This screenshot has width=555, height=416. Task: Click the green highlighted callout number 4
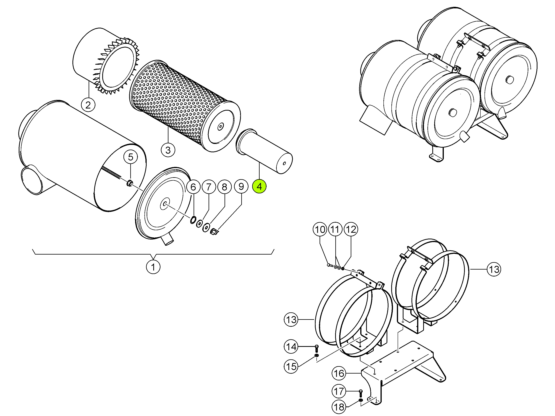pyautogui.click(x=259, y=186)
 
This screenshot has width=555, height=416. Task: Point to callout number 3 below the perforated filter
pyautogui.click(x=168, y=150)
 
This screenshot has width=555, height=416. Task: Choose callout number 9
pyautogui.click(x=241, y=186)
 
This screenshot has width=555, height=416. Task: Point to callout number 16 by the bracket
pyautogui.click(x=339, y=373)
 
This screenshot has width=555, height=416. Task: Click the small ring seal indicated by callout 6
pyautogui.click(x=193, y=220)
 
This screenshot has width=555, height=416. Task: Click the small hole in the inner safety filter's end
pyautogui.click(x=284, y=163)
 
